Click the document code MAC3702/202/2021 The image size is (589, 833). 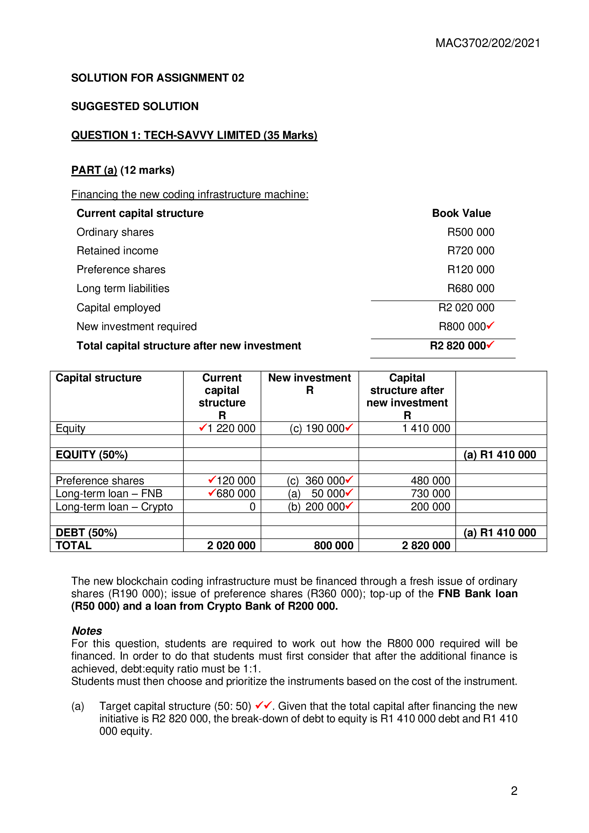coord(488,43)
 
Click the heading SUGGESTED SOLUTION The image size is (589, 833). coord(135,106)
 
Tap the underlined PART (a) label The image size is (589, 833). coord(94,170)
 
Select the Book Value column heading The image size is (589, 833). coord(461,213)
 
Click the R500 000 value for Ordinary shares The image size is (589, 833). coord(470,232)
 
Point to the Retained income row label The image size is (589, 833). coord(117,251)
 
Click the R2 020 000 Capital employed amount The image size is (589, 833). coord(466,308)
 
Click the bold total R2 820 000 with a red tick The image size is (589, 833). coord(461,346)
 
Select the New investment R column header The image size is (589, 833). coord(309,384)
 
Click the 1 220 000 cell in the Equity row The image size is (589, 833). coord(231,428)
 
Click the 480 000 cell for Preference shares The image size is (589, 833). coord(430,481)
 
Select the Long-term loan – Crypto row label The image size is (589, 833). coord(114,507)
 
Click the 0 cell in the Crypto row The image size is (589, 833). coord(252,507)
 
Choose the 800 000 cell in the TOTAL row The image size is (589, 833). coord(333,546)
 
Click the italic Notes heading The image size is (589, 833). coord(87,631)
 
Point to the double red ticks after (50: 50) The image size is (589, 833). coord(264,705)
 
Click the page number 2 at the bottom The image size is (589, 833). coord(514,791)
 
